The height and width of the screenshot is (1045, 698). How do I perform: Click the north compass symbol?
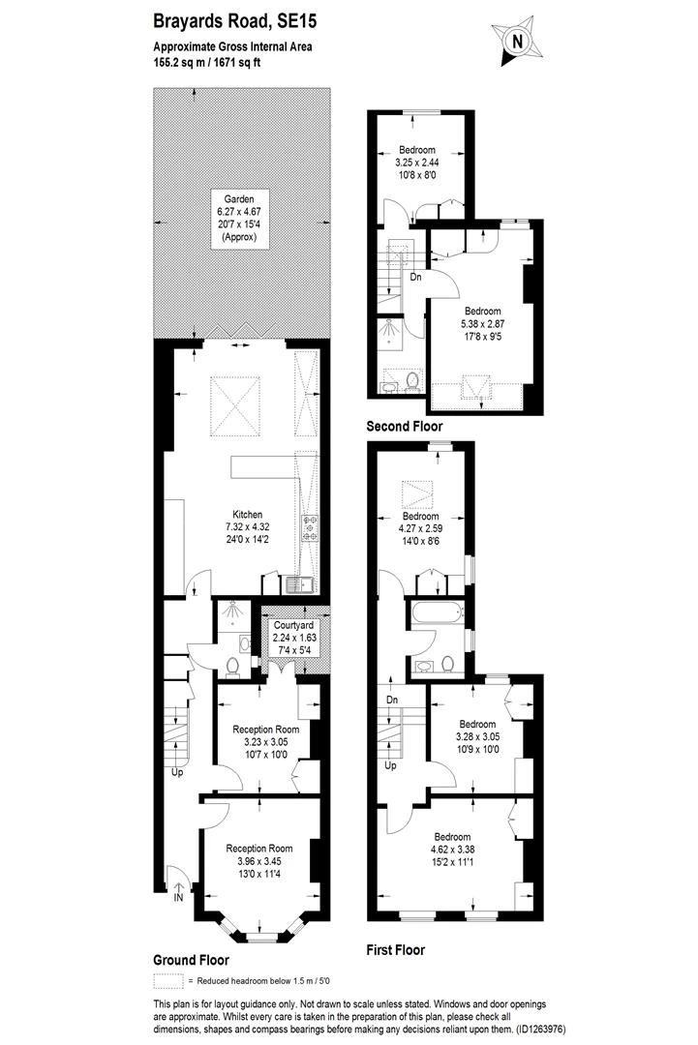[516, 41]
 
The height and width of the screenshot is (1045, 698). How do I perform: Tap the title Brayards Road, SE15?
[220, 19]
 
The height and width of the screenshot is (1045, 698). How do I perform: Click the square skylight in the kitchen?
[235, 405]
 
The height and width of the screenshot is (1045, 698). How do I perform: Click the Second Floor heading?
[404, 426]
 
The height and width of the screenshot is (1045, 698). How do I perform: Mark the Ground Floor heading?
[191, 961]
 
